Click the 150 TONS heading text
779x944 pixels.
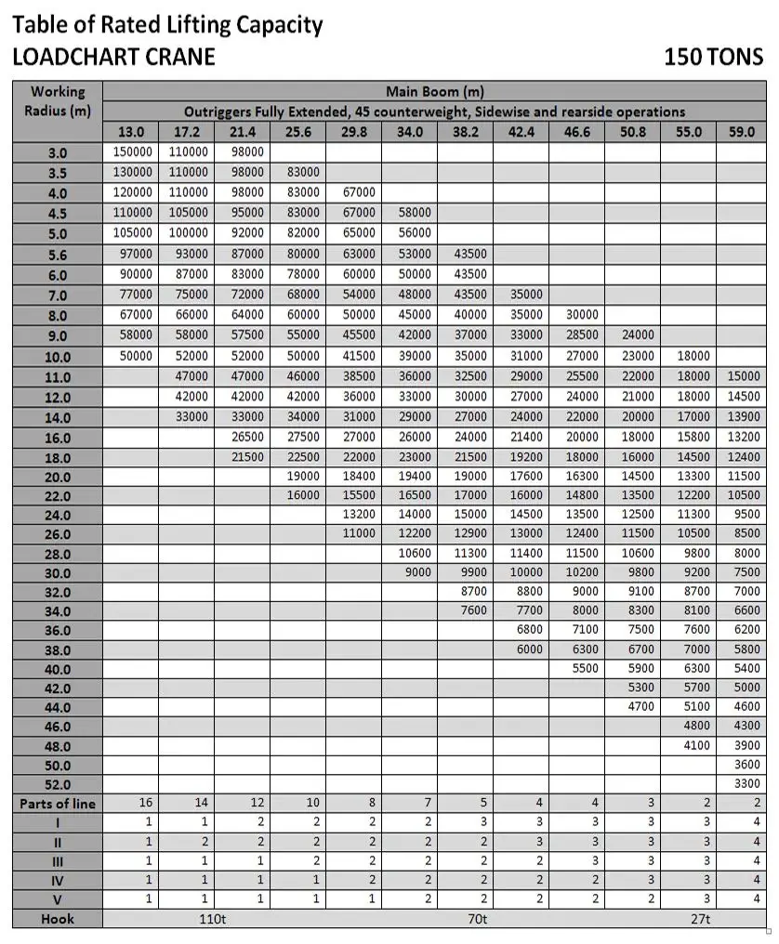(713, 57)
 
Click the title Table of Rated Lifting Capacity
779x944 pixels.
(167, 24)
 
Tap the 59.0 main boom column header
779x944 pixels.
(742, 132)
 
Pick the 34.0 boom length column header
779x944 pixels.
(410, 132)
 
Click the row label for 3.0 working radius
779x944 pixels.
(58, 152)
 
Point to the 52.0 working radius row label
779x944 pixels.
(58, 784)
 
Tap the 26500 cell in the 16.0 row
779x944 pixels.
(246, 437)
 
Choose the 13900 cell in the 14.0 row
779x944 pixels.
(743, 417)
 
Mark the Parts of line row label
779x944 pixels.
(58, 804)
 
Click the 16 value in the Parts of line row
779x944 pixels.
(144, 803)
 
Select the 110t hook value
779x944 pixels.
(212, 919)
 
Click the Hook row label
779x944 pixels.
(58, 919)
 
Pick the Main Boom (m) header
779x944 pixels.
(434, 92)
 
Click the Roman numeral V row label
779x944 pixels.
(58, 899)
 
